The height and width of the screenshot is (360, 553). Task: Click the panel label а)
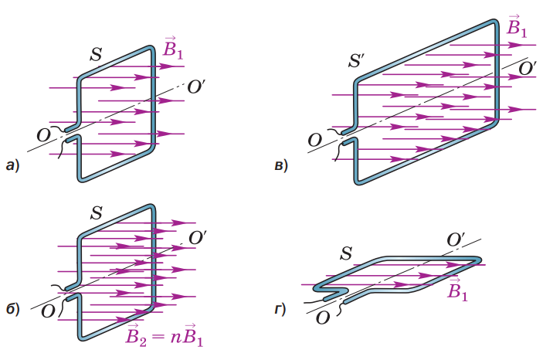[13, 164]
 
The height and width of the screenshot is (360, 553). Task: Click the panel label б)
[13, 311]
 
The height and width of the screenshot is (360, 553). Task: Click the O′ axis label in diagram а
[195, 85]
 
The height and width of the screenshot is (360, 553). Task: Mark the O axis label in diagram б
[48, 311]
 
